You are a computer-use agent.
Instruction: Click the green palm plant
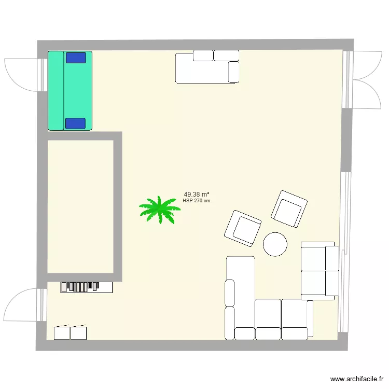point(159,210)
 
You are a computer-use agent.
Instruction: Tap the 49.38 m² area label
point(196,195)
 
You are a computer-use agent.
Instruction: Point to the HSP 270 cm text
point(197,201)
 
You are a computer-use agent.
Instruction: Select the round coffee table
point(275,244)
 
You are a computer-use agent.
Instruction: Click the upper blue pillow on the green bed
point(76,57)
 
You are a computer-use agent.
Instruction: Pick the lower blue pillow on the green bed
point(76,123)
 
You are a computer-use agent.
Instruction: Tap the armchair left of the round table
point(242,228)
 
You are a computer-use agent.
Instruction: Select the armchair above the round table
point(289,209)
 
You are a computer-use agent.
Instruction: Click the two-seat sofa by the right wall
point(319,271)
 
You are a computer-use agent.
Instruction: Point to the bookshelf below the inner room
point(87,287)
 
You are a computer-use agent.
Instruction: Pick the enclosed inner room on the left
point(80,206)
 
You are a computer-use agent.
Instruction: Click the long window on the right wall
point(343,252)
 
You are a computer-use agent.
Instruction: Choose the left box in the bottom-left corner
point(62,332)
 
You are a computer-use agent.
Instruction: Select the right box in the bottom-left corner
point(78,332)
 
